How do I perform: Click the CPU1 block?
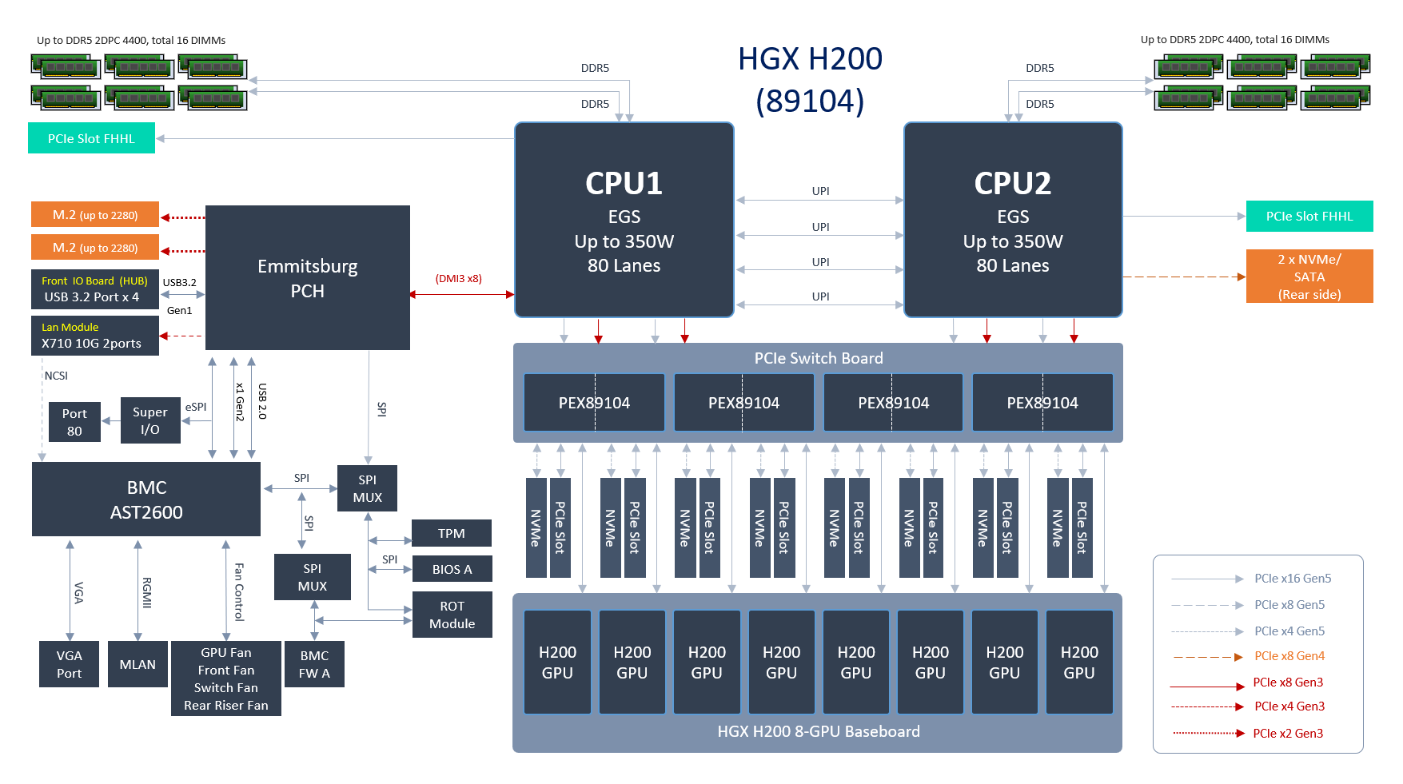(624, 220)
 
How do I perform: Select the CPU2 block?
(1012, 220)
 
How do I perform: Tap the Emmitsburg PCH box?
(307, 277)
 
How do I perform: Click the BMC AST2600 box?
(146, 499)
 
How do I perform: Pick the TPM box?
(451, 533)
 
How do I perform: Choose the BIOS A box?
(452, 569)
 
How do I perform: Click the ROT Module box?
(452, 615)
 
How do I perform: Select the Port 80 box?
(74, 422)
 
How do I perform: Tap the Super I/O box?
(150, 420)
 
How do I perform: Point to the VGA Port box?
(70, 664)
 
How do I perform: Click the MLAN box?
(138, 664)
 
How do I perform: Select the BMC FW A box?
(314, 664)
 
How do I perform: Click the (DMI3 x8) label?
(458, 279)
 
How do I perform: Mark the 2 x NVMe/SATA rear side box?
(1309, 277)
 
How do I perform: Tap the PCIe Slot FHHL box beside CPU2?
(1309, 216)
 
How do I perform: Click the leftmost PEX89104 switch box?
(594, 403)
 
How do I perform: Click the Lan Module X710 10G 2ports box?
(94, 336)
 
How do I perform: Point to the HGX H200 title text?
(810, 59)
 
